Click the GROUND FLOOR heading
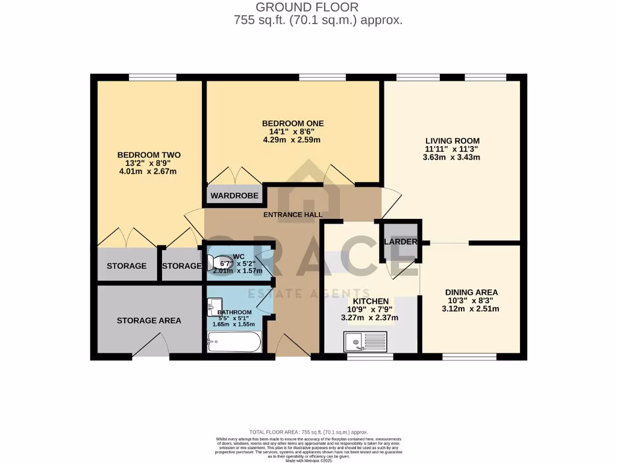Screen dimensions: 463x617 [x=307, y=7]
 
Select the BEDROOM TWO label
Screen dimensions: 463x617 [x=149, y=155]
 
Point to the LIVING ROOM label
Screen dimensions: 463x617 [x=452, y=140]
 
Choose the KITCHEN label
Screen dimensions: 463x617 [x=371, y=301]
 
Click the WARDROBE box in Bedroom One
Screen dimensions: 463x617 [x=235, y=195]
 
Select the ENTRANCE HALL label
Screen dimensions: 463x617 [x=293, y=215]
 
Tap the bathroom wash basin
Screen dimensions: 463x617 [x=215, y=307]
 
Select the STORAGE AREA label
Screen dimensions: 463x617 [x=149, y=320]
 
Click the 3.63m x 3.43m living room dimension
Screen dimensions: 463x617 [x=452, y=157]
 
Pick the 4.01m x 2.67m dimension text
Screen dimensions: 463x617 [x=149, y=172]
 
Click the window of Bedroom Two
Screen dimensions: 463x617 [x=152, y=77]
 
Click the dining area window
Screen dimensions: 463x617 [x=469, y=357]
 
